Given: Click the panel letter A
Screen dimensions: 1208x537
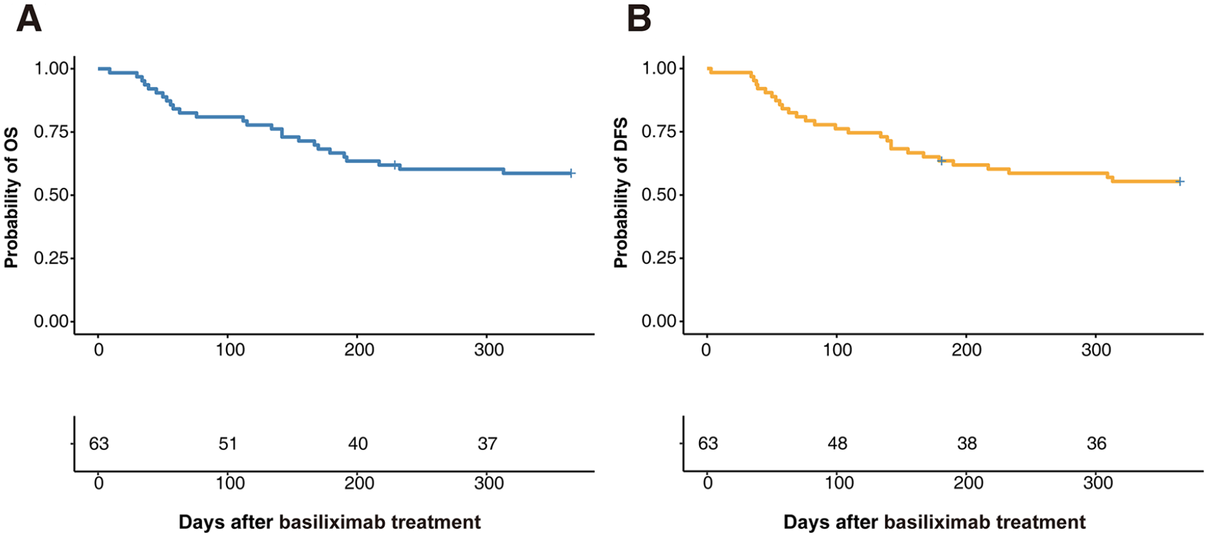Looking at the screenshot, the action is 29,19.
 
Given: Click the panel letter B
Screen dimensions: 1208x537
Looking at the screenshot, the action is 639,19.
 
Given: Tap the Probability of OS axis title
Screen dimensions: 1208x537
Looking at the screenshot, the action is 11,198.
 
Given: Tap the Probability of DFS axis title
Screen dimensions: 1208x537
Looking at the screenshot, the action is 621,193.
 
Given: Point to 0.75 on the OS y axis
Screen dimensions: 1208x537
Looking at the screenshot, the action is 52,132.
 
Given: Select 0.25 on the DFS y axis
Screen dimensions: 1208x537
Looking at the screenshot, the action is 660,258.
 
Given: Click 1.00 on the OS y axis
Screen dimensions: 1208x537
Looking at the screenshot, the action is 52,68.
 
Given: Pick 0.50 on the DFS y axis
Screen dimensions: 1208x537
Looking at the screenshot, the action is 660,195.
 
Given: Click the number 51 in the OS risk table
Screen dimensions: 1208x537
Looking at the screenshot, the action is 228,444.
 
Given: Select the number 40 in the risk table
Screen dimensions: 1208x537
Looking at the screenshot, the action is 358,444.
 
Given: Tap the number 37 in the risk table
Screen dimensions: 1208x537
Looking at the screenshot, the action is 488,444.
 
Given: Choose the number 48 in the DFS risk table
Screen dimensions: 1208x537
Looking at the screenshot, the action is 837,444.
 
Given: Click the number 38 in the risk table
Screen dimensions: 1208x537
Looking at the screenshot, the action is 967,444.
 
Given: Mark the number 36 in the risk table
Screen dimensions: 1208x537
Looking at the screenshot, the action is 1097,444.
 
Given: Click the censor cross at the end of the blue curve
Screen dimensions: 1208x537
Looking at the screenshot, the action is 571,173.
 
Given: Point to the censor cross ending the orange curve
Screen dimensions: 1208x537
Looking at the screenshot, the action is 1180,181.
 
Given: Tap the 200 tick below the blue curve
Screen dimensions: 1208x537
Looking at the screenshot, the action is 359,350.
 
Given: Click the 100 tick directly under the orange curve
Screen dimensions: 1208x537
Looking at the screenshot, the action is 837,350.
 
